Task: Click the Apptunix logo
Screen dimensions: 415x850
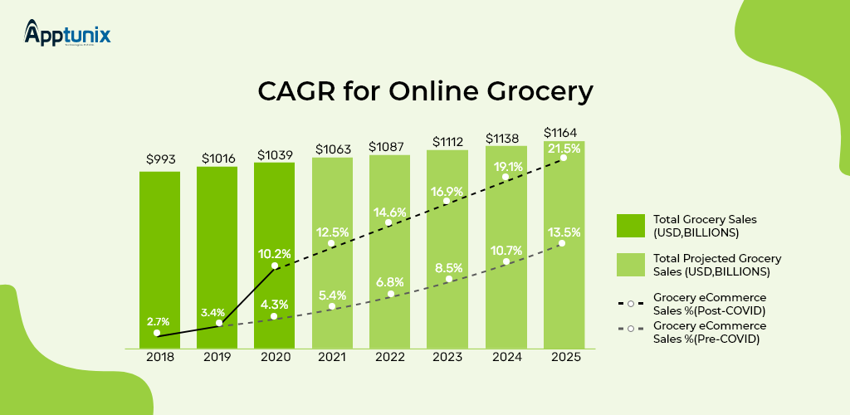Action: point(67,34)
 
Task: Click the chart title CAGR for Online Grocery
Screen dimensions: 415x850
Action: point(425,91)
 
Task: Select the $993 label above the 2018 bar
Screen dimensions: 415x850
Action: point(160,158)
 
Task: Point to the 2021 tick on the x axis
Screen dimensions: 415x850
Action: point(332,358)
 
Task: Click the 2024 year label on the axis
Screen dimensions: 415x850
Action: point(506,358)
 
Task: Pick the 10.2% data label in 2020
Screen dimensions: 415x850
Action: point(274,253)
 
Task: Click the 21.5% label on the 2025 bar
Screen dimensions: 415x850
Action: point(564,147)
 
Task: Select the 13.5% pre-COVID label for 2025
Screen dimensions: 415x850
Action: point(564,232)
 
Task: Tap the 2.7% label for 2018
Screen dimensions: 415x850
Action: point(159,320)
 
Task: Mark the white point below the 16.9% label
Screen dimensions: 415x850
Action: point(448,201)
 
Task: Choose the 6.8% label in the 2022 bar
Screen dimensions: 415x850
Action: point(390,281)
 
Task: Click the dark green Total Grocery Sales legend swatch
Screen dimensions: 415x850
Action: point(630,226)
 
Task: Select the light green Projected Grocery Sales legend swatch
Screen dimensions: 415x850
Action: point(630,265)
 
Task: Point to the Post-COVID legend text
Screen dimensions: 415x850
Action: point(710,303)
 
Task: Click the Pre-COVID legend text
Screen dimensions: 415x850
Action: point(710,332)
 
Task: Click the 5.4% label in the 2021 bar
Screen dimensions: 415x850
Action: point(332,295)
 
